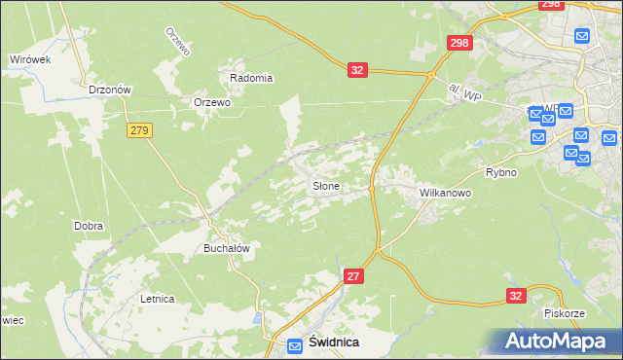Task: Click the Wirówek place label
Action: tap(29, 59)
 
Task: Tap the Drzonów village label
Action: tap(109, 89)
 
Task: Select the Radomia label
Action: tap(251, 78)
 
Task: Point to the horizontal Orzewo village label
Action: tap(211, 102)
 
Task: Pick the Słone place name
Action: tap(326, 186)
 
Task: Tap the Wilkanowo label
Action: tap(445, 193)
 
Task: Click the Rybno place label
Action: tap(500, 172)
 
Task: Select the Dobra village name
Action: tap(89, 226)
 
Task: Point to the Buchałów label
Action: tap(227, 248)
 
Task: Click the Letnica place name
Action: tap(157, 299)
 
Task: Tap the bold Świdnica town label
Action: tap(333, 342)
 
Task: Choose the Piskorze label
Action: tap(564, 313)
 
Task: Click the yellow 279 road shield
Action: tap(137, 129)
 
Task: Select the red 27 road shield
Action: tap(354, 277)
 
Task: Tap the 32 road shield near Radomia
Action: tap(357, 70)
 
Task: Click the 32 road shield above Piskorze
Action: tap(516, 296)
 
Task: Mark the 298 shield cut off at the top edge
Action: tap(551, 5)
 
